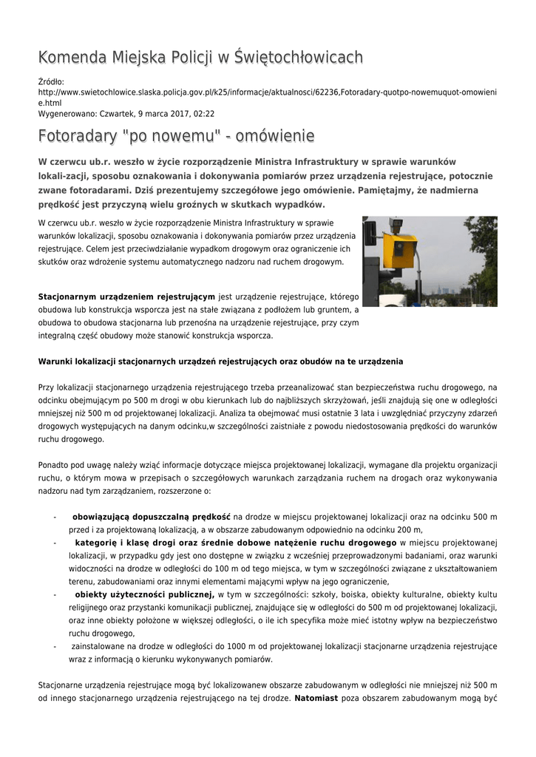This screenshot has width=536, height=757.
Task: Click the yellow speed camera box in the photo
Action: [400, 251]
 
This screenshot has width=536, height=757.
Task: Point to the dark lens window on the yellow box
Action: [400, 245]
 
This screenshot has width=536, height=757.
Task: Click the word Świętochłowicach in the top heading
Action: [297, 57]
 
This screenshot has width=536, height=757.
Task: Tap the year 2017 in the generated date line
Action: [179, 114]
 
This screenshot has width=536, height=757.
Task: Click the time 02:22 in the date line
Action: [203, 114]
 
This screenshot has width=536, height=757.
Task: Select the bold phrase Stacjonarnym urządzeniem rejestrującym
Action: [126, 296]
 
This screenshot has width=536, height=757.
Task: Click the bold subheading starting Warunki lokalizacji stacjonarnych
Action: [220, 361]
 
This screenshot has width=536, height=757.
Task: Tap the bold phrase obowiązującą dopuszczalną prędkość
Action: [152, 517]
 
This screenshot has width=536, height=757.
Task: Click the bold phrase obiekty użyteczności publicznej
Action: [144, 594]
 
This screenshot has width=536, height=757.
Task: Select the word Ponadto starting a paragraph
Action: [55, 465]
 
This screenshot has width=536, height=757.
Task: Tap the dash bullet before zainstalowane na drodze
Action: [55, 646]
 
